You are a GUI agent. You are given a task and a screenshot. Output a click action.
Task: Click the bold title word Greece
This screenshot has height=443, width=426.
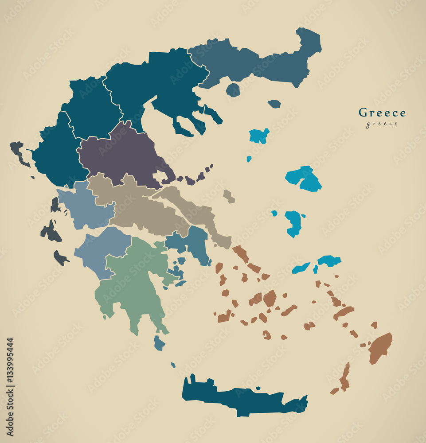click(x=382, y=113)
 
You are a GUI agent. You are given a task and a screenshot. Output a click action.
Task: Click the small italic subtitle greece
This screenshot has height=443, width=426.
click(x=381, y=124)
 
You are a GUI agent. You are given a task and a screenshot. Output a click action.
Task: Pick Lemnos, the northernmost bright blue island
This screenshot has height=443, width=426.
click(x=259, y=136)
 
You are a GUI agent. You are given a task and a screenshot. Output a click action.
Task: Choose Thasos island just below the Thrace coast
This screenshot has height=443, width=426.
click(x=233, y=90)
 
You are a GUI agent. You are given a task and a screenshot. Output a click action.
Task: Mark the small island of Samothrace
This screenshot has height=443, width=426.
click(x=274, y=104)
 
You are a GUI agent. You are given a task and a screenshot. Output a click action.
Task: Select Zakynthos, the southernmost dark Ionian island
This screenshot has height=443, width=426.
click(x=60, y=257)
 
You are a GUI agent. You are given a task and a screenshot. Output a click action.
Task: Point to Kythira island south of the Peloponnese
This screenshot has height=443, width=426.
click(x=159, y=342)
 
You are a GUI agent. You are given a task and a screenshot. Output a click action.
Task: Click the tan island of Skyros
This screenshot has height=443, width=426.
click(x=228, y=196)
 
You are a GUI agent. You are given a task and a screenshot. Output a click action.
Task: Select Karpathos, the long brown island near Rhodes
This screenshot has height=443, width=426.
click(x=345, y=377)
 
